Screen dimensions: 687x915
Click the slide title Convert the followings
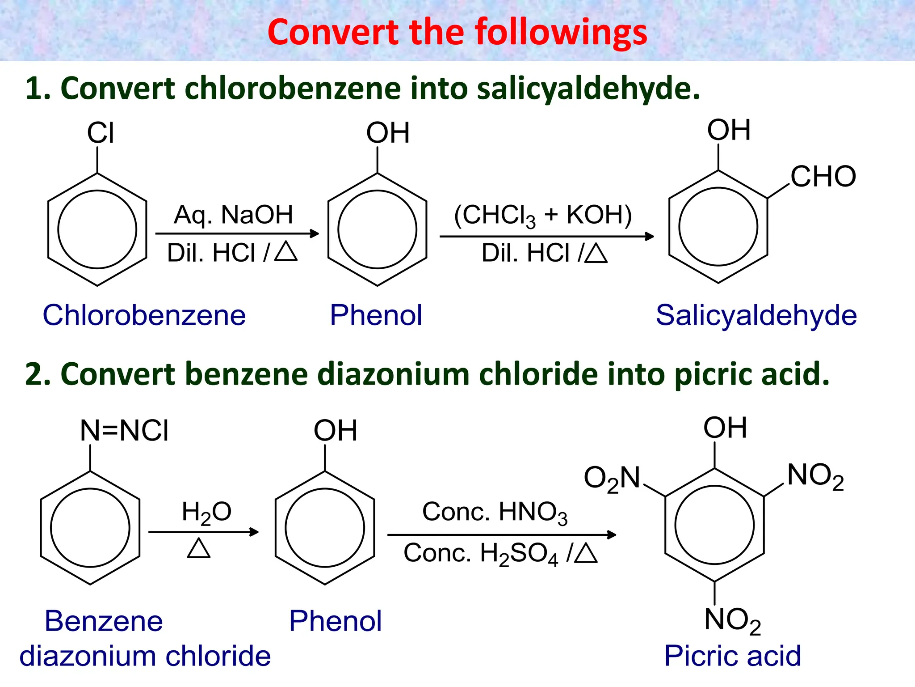(x=457, y=32)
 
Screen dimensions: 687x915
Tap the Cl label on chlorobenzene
(x=101, y=133)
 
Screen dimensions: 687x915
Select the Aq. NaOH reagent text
(x=233, y=215)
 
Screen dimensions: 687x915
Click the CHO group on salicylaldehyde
(x=823, y=176)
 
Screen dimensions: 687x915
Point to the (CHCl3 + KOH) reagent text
(x=542, y=216)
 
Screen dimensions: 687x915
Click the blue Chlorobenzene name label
(x=144, y=315)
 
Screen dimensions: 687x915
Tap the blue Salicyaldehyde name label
(x=756, y=315)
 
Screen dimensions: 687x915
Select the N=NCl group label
(x=124, y=431)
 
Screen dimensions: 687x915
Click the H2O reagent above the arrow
(x=206, y=512)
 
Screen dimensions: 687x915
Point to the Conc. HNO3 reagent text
(x=495, y=513)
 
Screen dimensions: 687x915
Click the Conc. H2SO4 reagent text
(x=480, y=554)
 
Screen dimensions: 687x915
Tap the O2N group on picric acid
(x=612, y=479)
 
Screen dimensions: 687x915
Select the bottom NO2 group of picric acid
(x=732, y=621)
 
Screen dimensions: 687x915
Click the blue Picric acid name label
(x=732, y=656)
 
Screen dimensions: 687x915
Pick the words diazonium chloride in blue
(x=145, y=656)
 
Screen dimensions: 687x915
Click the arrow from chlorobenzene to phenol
(x=237, y=233)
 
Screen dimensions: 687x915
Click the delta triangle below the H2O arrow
(x=199, y=548)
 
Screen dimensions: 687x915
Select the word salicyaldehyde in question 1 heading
(x=588, y=88)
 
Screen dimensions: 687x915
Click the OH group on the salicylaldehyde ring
(x=729, y=130)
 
